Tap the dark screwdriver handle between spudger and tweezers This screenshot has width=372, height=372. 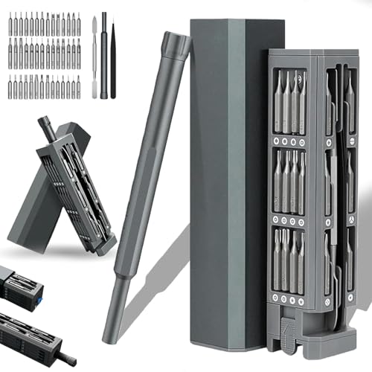coord(103,56)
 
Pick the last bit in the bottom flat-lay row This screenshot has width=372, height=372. coord(77,89)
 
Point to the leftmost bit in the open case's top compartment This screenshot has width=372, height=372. coord(278,100)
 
